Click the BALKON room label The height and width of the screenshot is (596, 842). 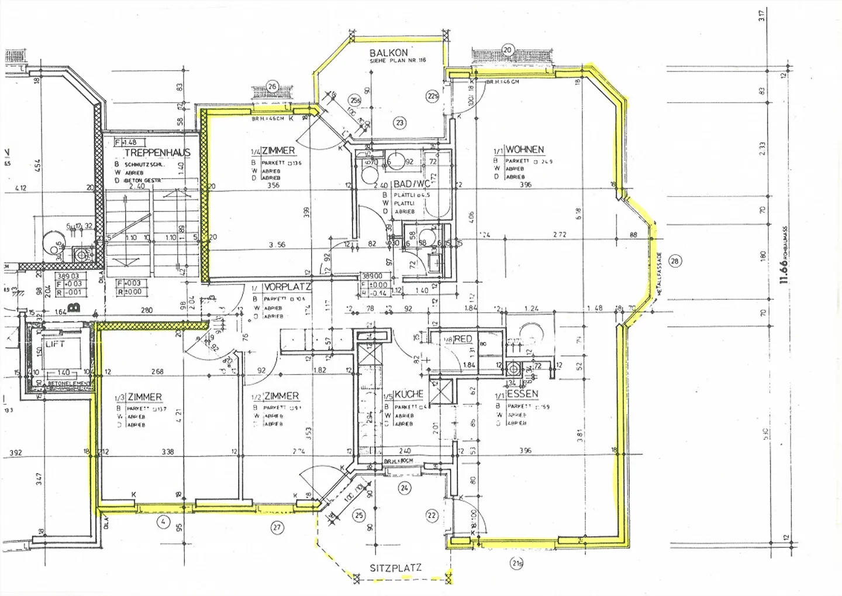click(x=388, y=53)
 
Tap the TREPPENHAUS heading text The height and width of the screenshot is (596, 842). click(x=157, y=153)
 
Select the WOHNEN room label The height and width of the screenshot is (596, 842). click(x=524, y=150)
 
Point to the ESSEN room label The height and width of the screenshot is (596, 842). click(x=522, y=394)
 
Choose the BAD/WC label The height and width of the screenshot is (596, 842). click(x=411, y=184)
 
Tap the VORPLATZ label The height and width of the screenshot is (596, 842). click(x=287, y=287)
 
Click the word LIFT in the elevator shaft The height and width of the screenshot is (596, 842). click(x=55, y=344)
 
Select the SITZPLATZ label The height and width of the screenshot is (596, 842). click(x=395, y=568)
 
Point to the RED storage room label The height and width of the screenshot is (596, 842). click(x=463, y=339)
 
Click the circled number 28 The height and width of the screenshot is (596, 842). click(x=675, y=261)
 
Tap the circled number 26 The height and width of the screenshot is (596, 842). click(x=272, y=87)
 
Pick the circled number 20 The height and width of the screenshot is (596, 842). click(x=508, y=50)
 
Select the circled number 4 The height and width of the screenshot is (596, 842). click(x=163, y=521)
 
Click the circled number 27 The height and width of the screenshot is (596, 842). click(x=277, y=528)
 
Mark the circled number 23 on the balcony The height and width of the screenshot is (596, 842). click(x=400, y=123)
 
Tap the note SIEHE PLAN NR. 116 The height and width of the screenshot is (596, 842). click(x=398, y=60)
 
